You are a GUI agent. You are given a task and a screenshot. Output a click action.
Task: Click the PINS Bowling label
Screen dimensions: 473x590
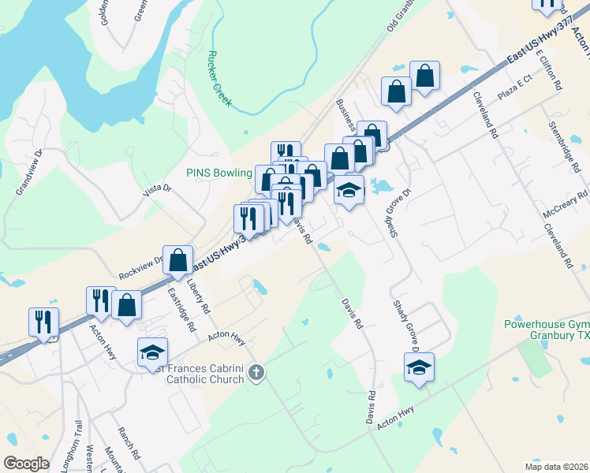click(x=218, y=173)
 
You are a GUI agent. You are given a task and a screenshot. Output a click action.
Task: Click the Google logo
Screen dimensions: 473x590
click(x=27, y=464)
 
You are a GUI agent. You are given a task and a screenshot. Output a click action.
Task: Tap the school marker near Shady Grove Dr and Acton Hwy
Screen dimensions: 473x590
click(x=420, y=367)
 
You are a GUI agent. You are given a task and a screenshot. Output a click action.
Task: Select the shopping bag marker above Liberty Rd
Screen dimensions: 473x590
click(x=179, y=259)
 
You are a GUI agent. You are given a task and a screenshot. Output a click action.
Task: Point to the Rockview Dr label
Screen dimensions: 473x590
click(x=140, y=267)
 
